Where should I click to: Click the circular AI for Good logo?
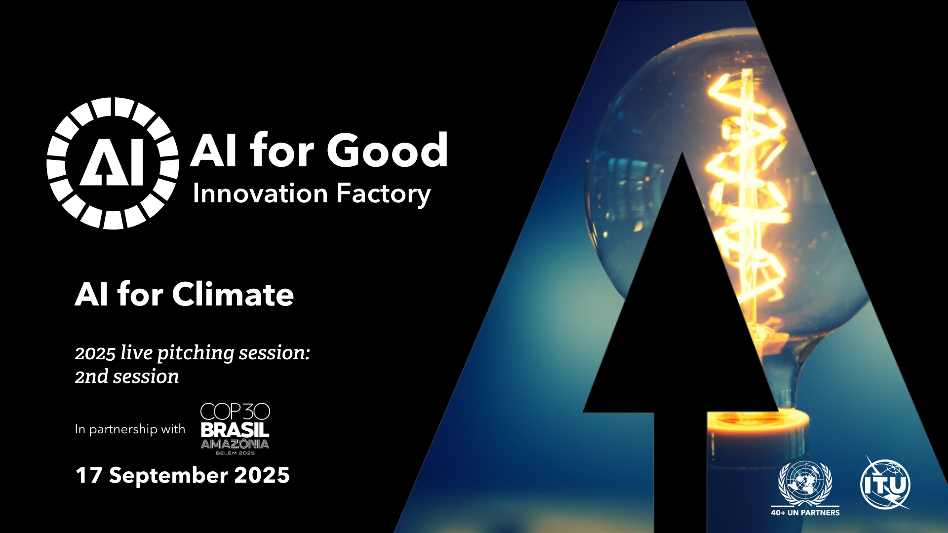click(113, 163)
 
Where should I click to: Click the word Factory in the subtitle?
click(384, 194)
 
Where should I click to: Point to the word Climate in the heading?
click(233, 295)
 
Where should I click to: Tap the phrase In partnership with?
click(130, 429)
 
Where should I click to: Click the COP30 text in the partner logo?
click(235, 412)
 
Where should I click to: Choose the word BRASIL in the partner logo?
click(235, 430)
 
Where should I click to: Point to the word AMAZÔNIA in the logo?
click(235, 444)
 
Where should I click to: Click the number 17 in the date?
click(89, 475)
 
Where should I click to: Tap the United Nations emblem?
click(805, 482)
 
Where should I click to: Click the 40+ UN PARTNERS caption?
click(805, 513)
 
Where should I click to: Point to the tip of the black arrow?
click(682, 152)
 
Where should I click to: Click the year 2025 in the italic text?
click(95, 353)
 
